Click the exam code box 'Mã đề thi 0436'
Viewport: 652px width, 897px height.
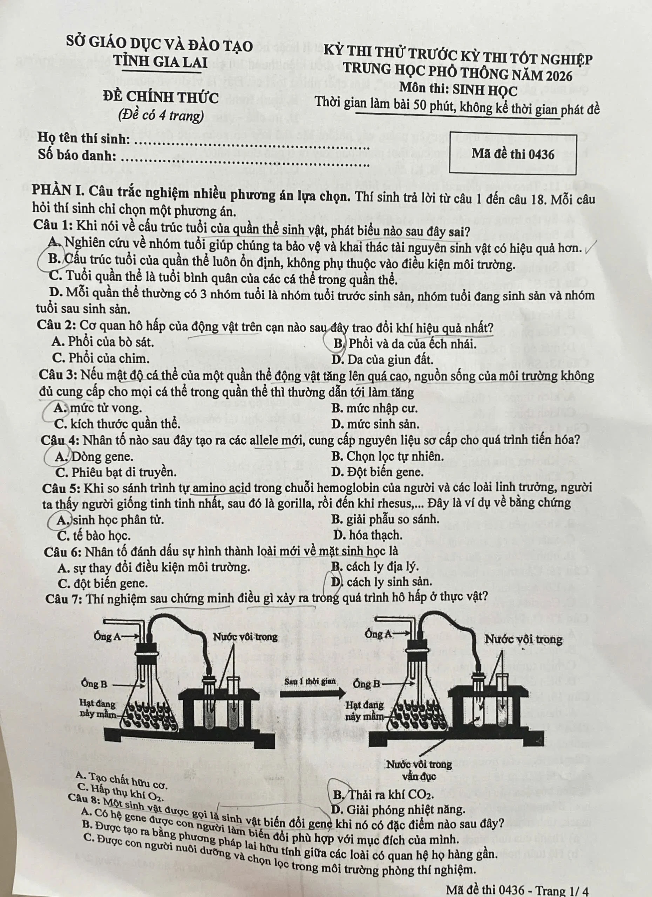tap(513, 154)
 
